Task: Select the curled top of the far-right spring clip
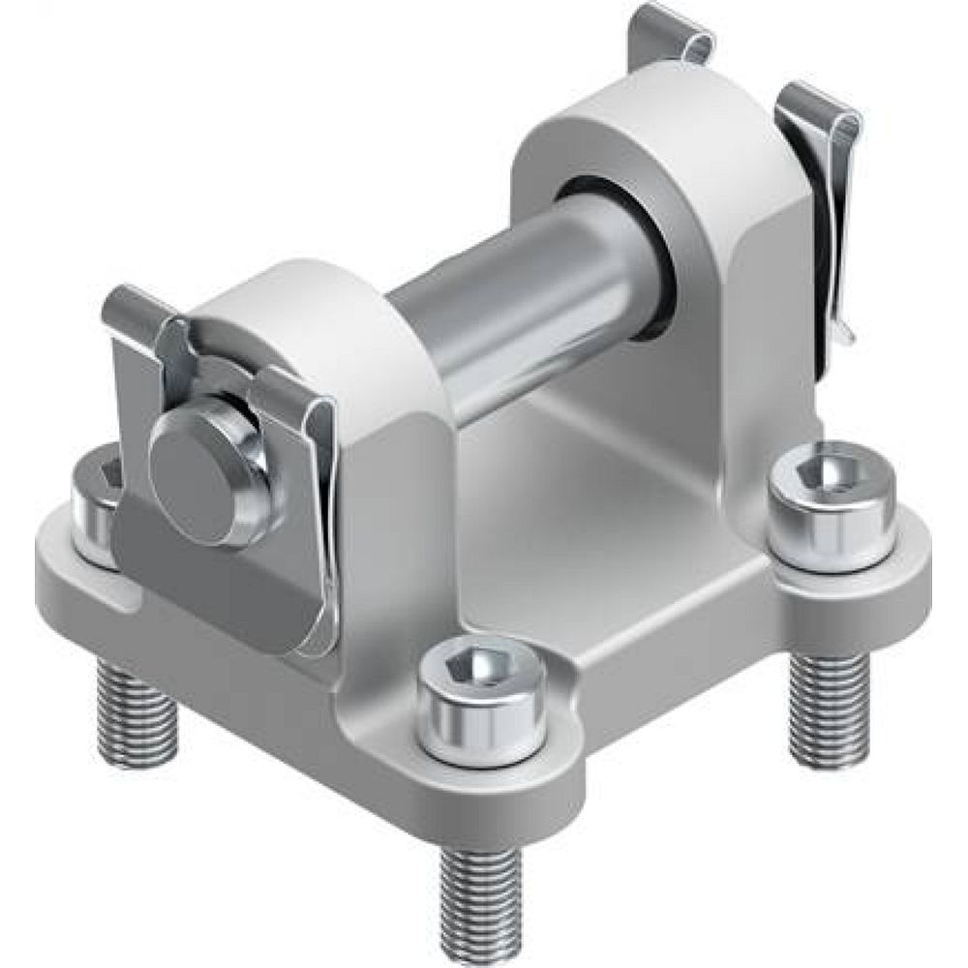(x=818, y=106)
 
